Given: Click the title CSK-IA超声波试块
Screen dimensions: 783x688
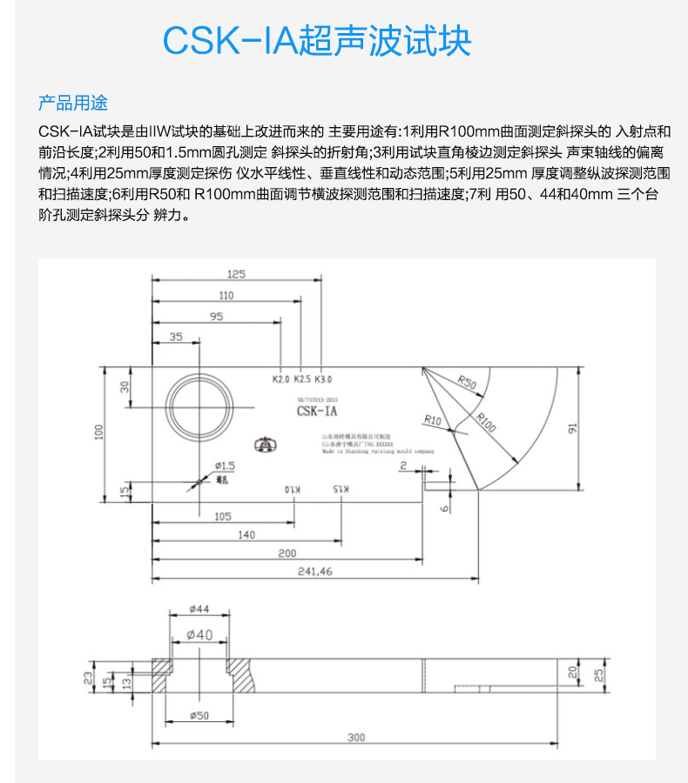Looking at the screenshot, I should [317, 40].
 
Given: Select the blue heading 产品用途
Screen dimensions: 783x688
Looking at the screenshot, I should [73, 103].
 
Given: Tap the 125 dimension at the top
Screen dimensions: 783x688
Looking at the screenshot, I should [237, 273].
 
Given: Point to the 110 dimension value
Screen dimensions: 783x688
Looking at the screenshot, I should [226, 295].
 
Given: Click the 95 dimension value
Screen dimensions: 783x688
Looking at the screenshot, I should [216, 316].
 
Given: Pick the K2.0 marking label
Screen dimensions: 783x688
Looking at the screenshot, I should [280, 379].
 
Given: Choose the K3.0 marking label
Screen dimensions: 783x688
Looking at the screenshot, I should [323, 379].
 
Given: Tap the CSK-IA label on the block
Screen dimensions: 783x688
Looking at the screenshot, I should [316, 410].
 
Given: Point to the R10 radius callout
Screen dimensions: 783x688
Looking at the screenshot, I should [432, 420].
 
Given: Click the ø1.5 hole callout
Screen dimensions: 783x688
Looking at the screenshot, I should [225, 467].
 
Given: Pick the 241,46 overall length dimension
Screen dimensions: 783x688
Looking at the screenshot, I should [314, 572].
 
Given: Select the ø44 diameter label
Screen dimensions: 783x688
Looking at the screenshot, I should [199, 610].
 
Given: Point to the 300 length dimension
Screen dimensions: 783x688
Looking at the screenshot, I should [355, 737].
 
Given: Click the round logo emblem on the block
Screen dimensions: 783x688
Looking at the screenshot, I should [263, 445].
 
